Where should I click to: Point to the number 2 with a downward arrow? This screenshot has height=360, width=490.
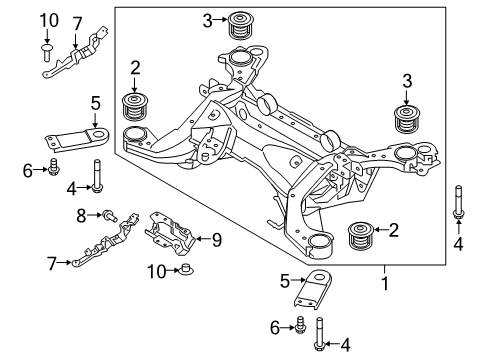133,69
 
